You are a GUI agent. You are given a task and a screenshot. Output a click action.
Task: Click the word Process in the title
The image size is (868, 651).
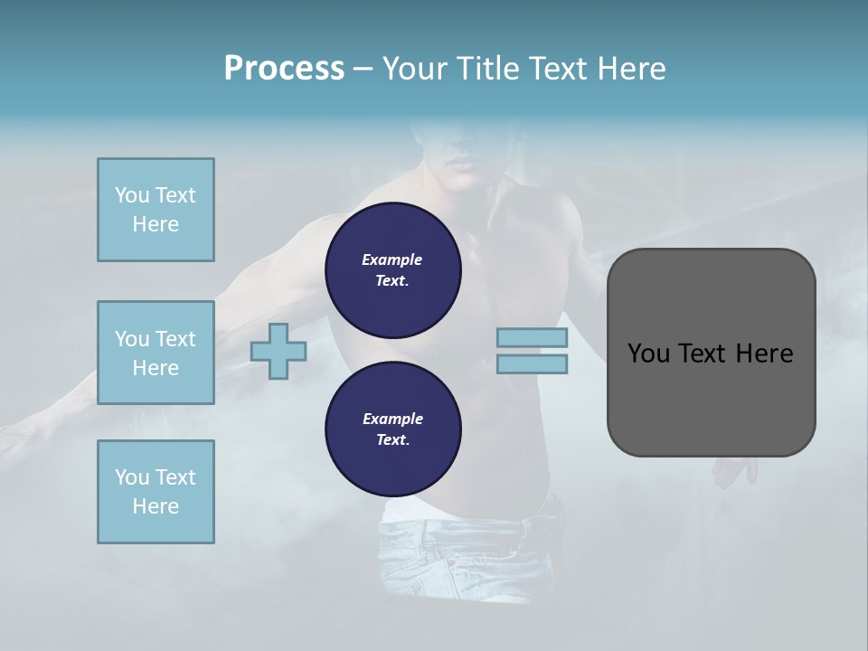[284, 69]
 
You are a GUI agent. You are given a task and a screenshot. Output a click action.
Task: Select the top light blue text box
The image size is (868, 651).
[156, 210]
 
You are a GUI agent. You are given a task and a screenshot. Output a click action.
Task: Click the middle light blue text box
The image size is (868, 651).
[156, 353]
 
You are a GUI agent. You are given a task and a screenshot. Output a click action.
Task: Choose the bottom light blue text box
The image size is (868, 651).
[156, 492]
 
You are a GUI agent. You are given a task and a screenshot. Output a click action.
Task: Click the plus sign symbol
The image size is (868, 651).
[278, 351]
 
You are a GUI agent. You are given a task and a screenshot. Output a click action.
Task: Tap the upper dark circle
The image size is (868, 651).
[392, 270]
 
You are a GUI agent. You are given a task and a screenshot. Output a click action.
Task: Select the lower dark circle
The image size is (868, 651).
[392, 429]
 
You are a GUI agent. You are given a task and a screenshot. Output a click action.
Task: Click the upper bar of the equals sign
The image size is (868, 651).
[532, 337]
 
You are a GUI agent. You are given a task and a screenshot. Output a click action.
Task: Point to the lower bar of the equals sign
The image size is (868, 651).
[532, 363]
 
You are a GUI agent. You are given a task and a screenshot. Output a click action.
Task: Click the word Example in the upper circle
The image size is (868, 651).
[392, 259]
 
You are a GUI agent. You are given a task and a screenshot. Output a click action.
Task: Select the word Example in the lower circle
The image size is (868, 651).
[392, 419]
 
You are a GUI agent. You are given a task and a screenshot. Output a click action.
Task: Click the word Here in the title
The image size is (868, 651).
[632, 69]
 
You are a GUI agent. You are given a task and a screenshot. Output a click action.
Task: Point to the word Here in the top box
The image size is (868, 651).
[156, 224]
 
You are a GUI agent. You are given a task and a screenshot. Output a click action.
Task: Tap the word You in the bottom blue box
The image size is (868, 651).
[132, 477]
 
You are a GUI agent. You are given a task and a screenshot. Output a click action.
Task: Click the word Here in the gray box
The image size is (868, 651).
[766, 354]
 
